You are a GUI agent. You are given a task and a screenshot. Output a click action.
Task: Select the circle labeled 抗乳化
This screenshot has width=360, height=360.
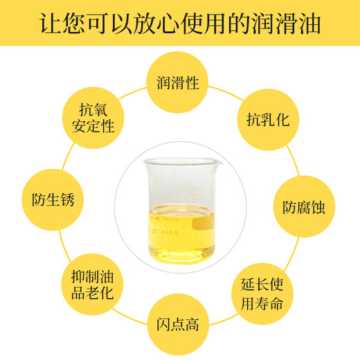267,119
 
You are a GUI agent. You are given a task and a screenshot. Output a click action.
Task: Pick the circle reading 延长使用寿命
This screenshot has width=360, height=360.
266,293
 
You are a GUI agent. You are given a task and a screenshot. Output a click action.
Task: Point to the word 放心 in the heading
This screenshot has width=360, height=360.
156,22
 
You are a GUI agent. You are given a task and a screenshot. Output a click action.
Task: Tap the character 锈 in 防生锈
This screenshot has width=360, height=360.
66,201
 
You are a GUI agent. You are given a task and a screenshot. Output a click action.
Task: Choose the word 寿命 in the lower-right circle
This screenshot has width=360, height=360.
272,303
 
